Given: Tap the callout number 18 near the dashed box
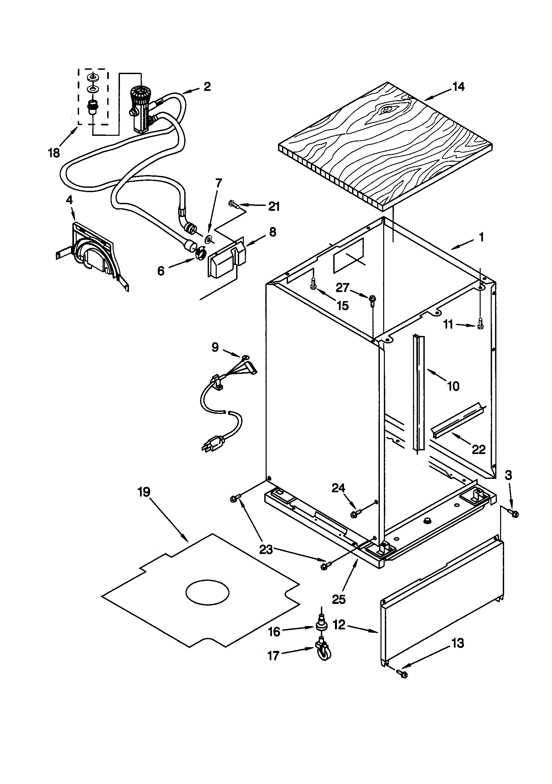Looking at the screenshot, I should point(54,153).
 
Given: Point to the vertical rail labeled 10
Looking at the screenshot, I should point(418,396).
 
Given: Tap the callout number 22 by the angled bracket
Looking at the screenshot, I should point(478,449).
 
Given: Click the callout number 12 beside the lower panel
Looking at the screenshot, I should point(339,626).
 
